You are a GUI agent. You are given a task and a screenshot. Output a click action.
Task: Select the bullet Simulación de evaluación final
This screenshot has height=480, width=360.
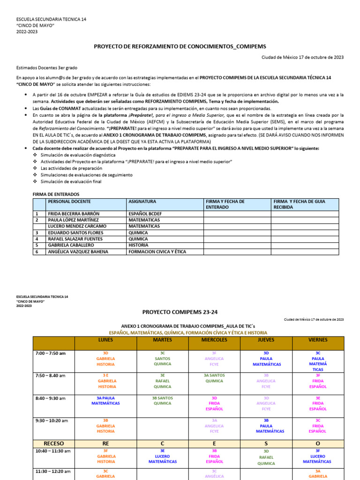click(71, 181)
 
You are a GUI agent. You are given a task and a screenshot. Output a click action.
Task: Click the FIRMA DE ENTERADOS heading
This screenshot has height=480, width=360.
click(56, 194)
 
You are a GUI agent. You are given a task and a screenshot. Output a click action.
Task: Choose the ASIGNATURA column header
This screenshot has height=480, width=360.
click(143, 201)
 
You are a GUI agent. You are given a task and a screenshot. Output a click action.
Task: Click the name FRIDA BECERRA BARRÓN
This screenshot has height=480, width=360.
click(74, 213)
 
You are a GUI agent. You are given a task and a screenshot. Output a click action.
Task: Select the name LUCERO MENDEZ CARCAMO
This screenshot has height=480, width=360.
click(77, 226)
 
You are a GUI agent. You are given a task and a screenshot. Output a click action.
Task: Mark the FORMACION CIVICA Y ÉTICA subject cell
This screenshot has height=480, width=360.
click(157, 252)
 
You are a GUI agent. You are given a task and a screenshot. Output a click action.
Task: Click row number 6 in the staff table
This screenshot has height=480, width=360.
click(37, 252)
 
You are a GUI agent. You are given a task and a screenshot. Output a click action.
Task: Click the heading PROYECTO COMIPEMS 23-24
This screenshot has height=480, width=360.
click(180, 312)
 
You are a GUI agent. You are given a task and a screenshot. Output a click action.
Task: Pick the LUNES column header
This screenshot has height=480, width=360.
click(105, 340)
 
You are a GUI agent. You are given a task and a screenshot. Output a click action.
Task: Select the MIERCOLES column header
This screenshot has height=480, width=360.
click(214, 340)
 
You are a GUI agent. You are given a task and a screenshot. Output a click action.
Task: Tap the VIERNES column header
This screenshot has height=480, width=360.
click(318, 340)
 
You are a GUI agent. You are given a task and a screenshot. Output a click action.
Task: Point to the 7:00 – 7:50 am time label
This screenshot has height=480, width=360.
click(50, 353)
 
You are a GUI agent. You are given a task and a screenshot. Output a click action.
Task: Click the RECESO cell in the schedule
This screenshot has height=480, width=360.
click(54, 443)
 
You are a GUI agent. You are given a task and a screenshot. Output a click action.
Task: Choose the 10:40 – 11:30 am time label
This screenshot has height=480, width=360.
click(52, 451)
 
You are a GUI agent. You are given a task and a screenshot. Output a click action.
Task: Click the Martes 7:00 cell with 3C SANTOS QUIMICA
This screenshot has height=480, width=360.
click(162, 359)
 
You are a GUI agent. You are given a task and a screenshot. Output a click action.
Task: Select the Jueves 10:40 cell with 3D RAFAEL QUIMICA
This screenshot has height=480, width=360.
click(266, 457)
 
